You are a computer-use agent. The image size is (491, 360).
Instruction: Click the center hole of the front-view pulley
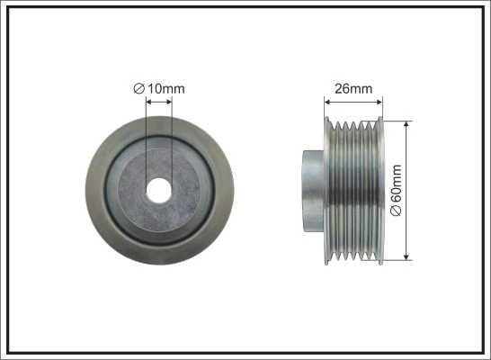159,190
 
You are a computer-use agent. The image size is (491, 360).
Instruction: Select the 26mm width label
353,89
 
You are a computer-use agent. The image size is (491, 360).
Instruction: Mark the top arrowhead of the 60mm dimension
406,121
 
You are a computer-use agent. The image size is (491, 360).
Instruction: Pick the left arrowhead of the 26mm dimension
328,102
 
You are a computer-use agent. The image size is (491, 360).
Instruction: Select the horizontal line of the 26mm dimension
353,102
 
